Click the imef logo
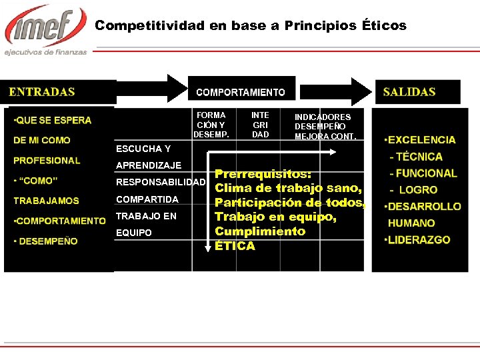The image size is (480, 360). tap(45, 27)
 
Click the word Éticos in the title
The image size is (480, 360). tap(384, 25)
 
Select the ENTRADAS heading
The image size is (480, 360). tap(42, 92)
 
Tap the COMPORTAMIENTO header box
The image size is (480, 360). tap(241, 93)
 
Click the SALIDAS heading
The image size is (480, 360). tap(409, 92)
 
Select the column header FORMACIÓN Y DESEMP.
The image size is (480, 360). tap(211, 125)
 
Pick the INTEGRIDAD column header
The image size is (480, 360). tap(261, 125)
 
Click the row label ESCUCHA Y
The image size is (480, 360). tap(143, 149)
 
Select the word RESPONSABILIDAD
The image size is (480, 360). tap(161, 183)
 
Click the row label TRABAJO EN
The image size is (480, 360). tap(146, 216)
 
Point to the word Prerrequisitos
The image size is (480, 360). tap(263, 173)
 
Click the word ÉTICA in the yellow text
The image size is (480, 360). tap(235, 246)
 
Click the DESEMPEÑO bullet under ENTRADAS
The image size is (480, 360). tap(46, 241)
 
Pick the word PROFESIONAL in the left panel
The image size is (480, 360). tap(47, 161)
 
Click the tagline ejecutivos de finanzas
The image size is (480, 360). tap(46, 52)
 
